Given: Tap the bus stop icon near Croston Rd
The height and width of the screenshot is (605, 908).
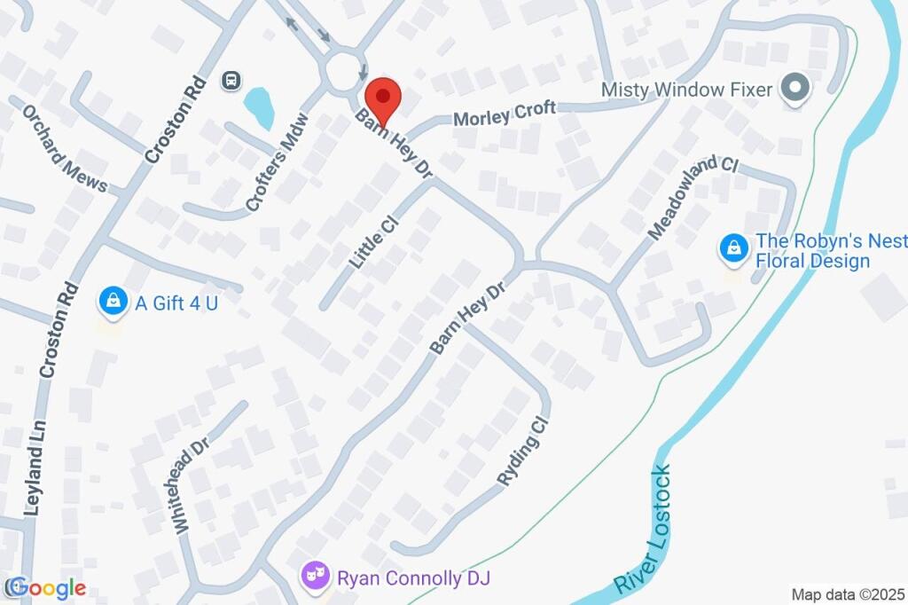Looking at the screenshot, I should coord(231,81).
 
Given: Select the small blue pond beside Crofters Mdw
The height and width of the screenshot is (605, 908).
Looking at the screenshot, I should coord(258,108).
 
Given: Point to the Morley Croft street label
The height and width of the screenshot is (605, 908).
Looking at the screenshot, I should coord(505,113).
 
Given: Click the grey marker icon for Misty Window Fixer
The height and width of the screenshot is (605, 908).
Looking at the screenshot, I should coord(795,89).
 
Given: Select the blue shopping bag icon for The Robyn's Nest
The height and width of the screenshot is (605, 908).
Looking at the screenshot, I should coord(732,248).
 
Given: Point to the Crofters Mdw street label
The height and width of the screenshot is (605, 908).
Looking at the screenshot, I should coord(278,162).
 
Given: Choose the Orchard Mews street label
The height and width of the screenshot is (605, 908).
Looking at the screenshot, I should coord(64,149).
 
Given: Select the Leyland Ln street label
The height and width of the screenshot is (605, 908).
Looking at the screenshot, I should coord(32,478).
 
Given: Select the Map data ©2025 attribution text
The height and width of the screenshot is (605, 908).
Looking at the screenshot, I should coord(848,594).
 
